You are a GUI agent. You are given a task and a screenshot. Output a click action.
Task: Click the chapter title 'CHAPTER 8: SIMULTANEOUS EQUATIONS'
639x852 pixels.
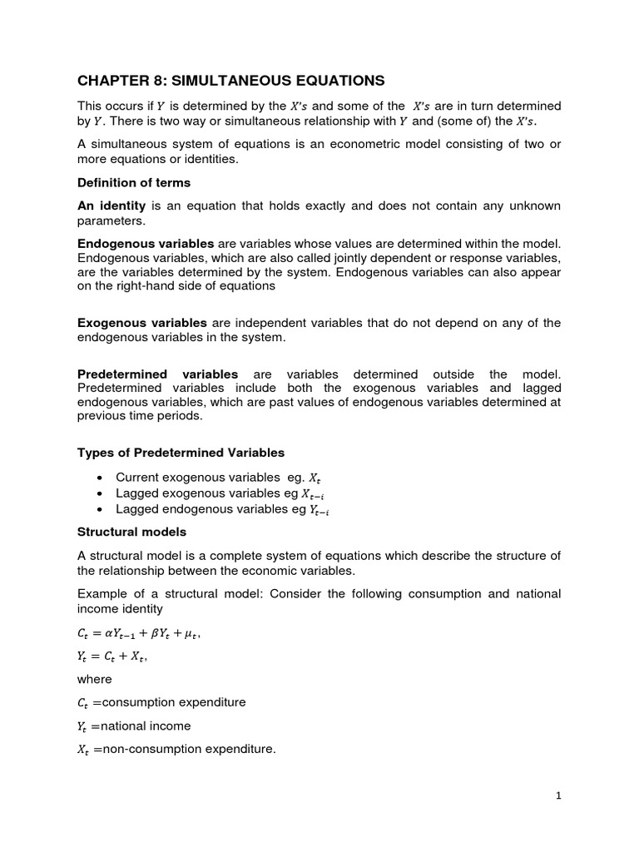pos(230,81)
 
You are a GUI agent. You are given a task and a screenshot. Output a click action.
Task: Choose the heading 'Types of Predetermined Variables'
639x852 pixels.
pos(181,453)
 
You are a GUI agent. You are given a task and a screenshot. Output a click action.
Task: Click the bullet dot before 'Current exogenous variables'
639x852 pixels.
pos(100,478)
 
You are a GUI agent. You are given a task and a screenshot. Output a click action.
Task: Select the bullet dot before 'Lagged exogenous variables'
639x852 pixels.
pos(100,493)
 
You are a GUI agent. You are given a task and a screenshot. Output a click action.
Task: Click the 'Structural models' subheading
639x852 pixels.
pos(131,532)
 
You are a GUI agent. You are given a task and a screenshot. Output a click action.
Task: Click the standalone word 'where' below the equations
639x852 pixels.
pos(94,679)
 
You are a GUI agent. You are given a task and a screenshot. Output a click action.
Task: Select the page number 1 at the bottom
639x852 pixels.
pos(559,795)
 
